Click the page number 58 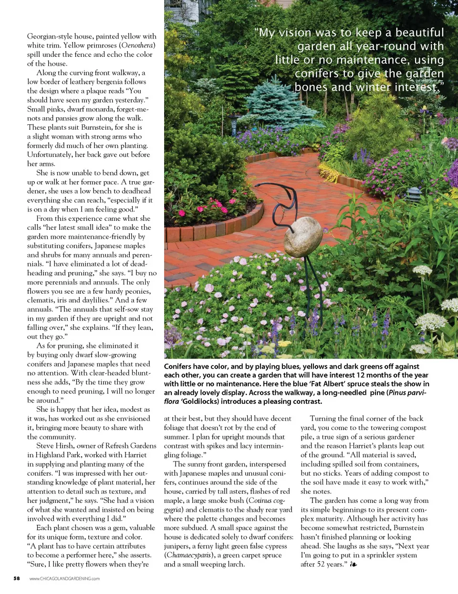pyautogui.click(x=17, y=578)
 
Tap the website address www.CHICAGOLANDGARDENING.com pyautogui.click(x=64, y=579)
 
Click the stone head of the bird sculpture pyautogui.click(x=303, y=237)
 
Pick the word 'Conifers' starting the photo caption pyautogui.click(x=179, y=367)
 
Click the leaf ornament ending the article pyautogui.click(x=354, y=564)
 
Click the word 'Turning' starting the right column pyautogui.click(x=323, y=419)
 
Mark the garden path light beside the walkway pyautogui.click(x=415, y=195)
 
